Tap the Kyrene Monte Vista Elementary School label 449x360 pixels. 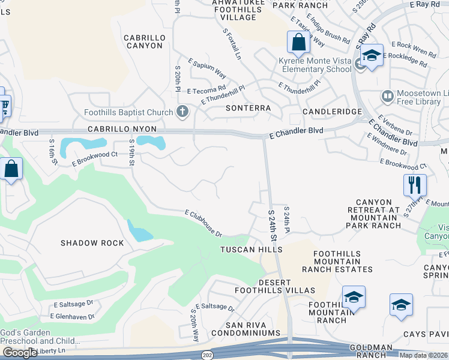[x=315, y=65]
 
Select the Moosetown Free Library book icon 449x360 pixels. [x=387, y=96]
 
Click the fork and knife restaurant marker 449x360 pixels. [x=415, y=185]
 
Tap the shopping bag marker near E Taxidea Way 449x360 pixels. [x=298, y=43]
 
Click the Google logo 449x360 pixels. [x=19, y=352]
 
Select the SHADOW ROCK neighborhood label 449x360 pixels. [x=92, y=243]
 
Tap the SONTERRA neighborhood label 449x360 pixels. [x=248, y=109]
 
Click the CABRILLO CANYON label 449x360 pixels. [x=144, y=41]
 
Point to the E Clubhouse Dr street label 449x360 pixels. [x=203, y=223]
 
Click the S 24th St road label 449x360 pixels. [x=274, y=224]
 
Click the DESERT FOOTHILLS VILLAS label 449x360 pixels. [x=279, y=286]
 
